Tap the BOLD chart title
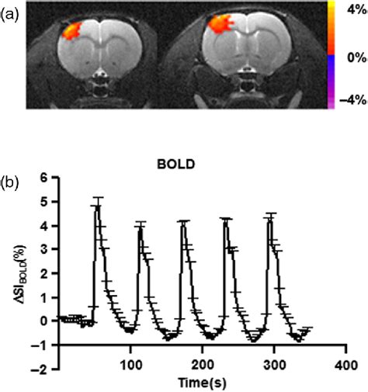(182, 165)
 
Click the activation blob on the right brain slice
(220, 33)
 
